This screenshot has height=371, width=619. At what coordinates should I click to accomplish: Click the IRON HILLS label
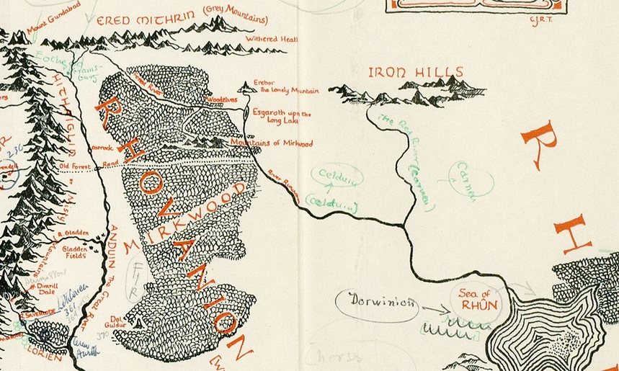(414, 72)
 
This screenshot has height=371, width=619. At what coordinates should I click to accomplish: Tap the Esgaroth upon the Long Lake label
(282, 117)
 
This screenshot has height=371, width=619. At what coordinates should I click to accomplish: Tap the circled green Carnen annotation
(470, 182)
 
